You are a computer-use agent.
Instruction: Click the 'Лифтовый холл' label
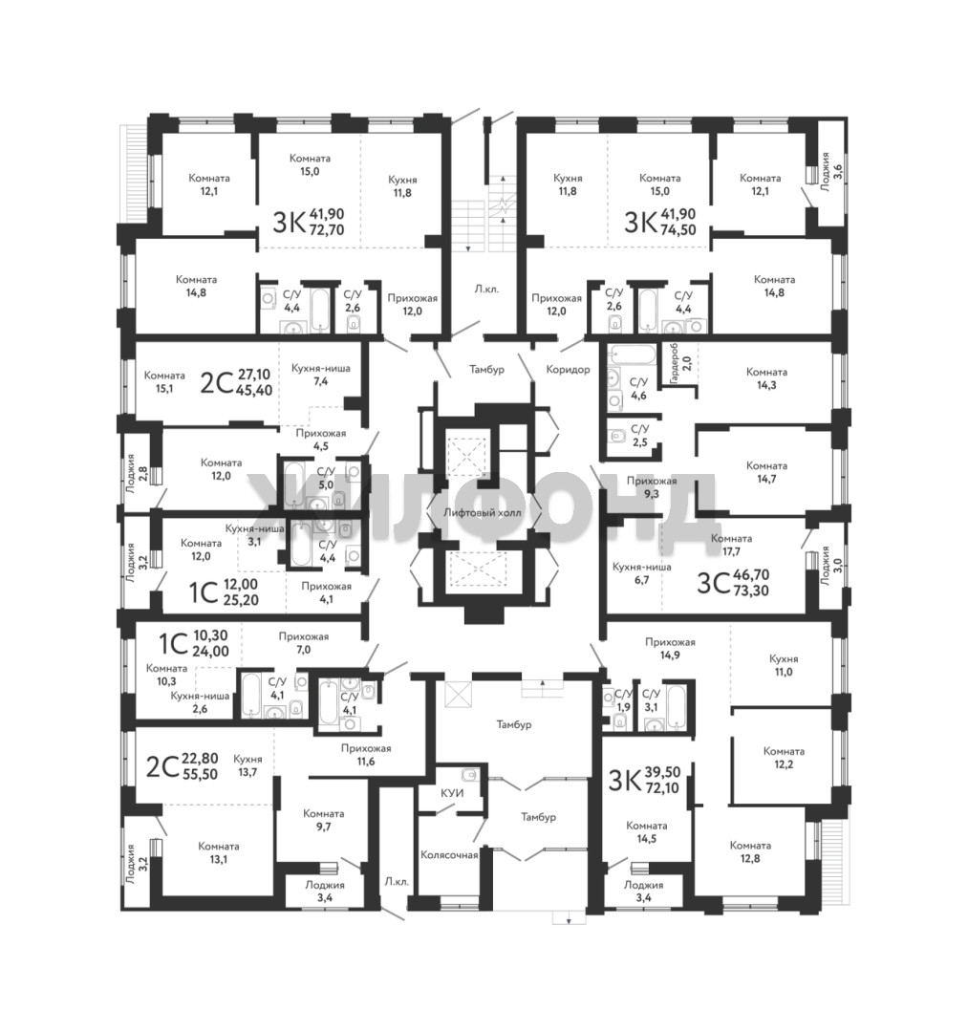coord(483,513)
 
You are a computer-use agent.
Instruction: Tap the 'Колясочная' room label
coord(449,855)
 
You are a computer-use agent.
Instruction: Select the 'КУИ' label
coord(452,793)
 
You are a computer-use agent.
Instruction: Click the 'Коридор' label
coord(568,369)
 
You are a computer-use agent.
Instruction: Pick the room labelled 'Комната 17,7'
coord(731,545)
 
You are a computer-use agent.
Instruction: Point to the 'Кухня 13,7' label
coord(247,765)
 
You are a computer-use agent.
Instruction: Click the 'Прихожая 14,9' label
coord(670,648)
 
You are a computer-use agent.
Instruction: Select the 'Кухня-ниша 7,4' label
coord(320,375)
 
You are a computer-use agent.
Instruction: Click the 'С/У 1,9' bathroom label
coord(622,699)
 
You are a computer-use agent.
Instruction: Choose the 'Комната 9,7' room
coord(323,820)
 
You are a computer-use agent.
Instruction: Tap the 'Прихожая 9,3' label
coord(652,487)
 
